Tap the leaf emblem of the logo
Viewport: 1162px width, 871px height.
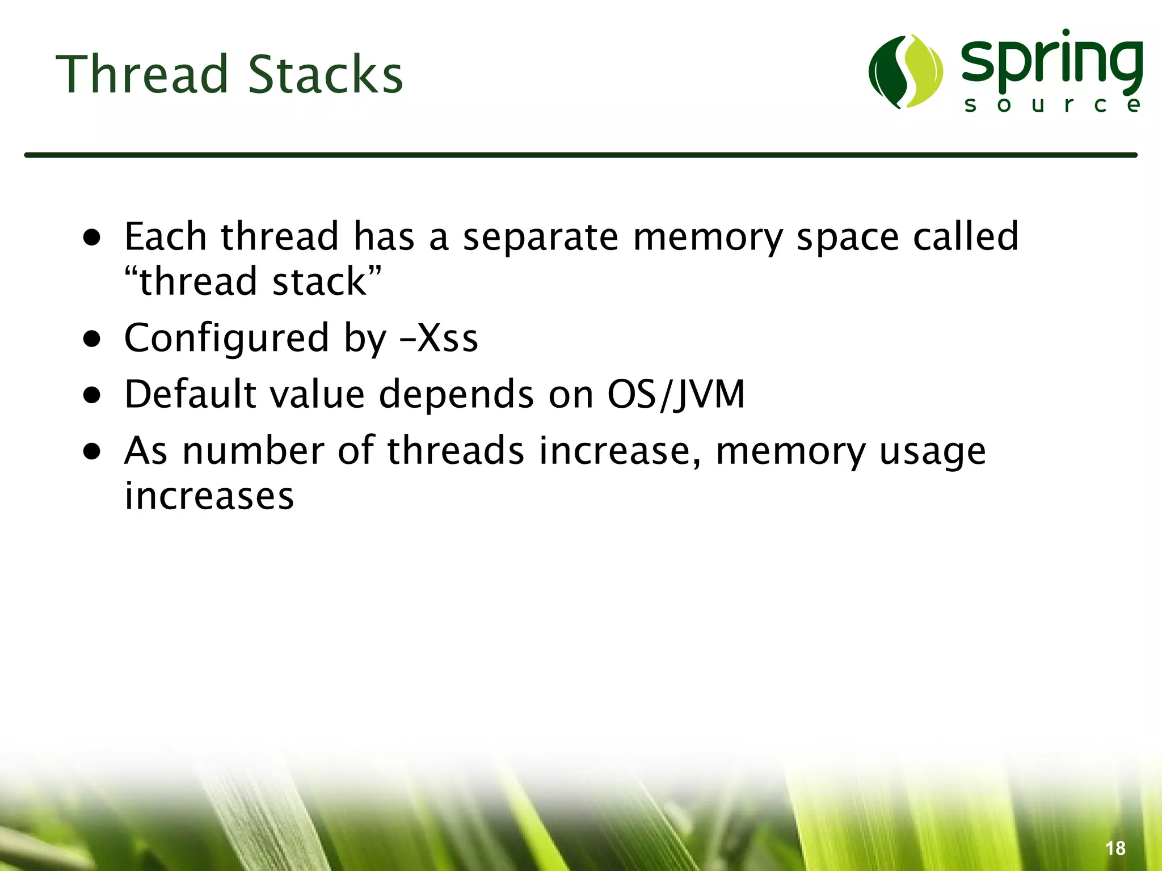pyautogui.click(x=905, y=71)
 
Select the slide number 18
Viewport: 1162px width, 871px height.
pyautogui.click(x=1115, y=848)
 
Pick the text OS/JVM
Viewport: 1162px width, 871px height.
pyautogui.click(x=675, y=394)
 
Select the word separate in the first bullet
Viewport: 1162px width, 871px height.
pyautogui.click(x=540, y=236)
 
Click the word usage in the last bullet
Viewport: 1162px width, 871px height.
pyautogui.click(x=932, y=453)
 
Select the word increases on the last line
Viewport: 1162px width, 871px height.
pyautogui.click(x=209, y=496)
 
